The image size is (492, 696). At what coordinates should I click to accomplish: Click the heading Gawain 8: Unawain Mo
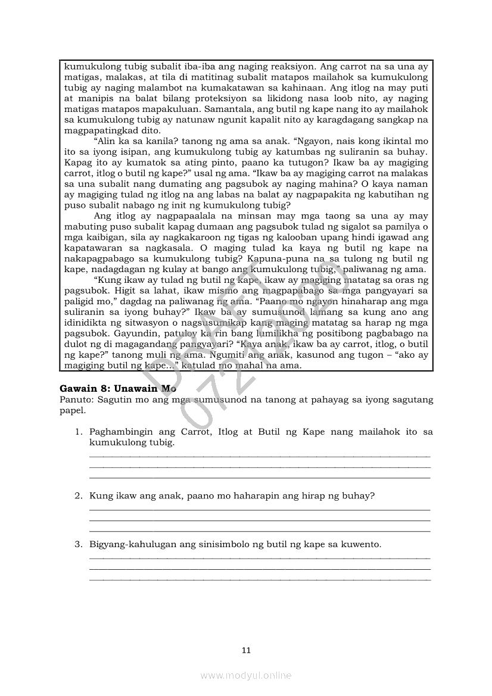(x=118, y=388)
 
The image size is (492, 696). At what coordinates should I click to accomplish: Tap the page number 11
(x=246, y=650)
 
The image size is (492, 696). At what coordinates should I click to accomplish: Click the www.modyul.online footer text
(x=246, y=675)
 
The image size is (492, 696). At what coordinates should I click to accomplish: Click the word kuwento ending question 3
(x=361, y=544)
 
